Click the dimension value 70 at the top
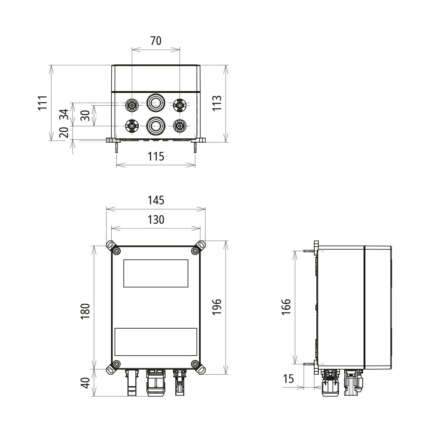click(156, 41)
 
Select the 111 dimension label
click(43, 103)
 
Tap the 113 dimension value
click(217, 103)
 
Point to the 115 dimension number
click(156, 157)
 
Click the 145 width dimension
click(156, 200)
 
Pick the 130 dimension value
click(156, 219)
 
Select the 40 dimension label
click(85, 383)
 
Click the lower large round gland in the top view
click(156, 125)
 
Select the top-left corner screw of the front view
click(116, 251)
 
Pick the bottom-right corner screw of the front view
click(195, 364)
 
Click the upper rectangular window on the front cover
click(156, 273)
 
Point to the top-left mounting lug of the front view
click(110, 245)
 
